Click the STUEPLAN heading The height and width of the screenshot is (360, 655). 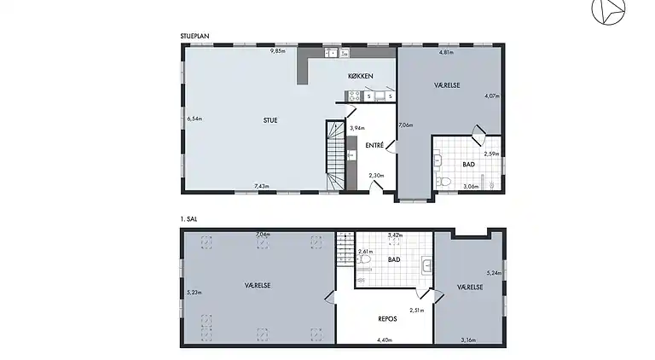pyautogui.click(x=194, y=37)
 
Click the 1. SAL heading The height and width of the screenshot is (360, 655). pyautogui.click(x=188, y=219)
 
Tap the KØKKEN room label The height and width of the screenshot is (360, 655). pyautogui.click(x=361, y=76)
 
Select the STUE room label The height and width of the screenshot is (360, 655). pyautogui.click(x=270, y=120)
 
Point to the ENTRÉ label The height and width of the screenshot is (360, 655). pyautogui.click(x=374, y=145)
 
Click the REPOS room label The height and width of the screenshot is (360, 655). pyautogui.click(x=387, y=319)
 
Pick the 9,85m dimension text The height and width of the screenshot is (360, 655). pyautogui.click(x=278, y=51)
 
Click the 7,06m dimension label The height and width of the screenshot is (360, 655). pyautogui.click(x=406, y=125)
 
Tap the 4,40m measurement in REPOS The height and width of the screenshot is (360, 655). pyautogui.click(x=385, y=340)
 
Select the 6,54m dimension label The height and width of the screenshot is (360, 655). pyautogui.click(x=194, y=119)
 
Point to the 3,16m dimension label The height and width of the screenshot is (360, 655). pyautogui.click(x=468, y=340)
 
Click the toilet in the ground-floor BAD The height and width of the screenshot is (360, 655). pyautogui.click(x=443, y=182)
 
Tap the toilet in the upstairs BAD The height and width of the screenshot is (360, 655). pyautogui.click(x=363, y=259)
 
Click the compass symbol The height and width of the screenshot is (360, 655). pyautogui.click(x=608, y=9)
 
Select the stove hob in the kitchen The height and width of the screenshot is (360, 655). pyautogui.click(x=354, y=96)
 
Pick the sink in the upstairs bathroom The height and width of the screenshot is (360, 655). pyautogui.click(x=426, y=266)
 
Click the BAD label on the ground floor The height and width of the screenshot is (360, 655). pyautogui.click(x=469, y=165)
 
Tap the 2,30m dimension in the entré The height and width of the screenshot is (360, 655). pyautogui.click(x=376, y=176)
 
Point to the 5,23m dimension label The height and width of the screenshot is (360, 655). pyautogui.click(x=194, y=293)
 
